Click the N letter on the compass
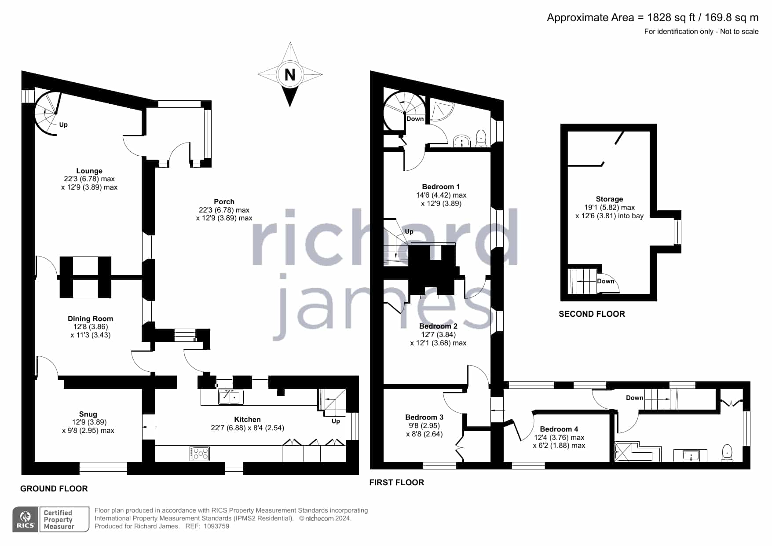click(290, 75)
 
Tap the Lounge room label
click(89, 171)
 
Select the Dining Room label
click(90, 319)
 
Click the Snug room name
click(88, 414)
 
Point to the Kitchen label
click(247, 419)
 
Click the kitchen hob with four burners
click(200, 454)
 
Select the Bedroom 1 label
click(441, 187)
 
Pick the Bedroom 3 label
click(424, 417)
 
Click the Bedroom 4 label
click(559, 429)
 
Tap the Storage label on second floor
click(609, 199)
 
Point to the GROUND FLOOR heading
click(54, 488)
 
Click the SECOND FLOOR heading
click(592, 314)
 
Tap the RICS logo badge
click(26, 520)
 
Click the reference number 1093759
click(216, 526)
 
